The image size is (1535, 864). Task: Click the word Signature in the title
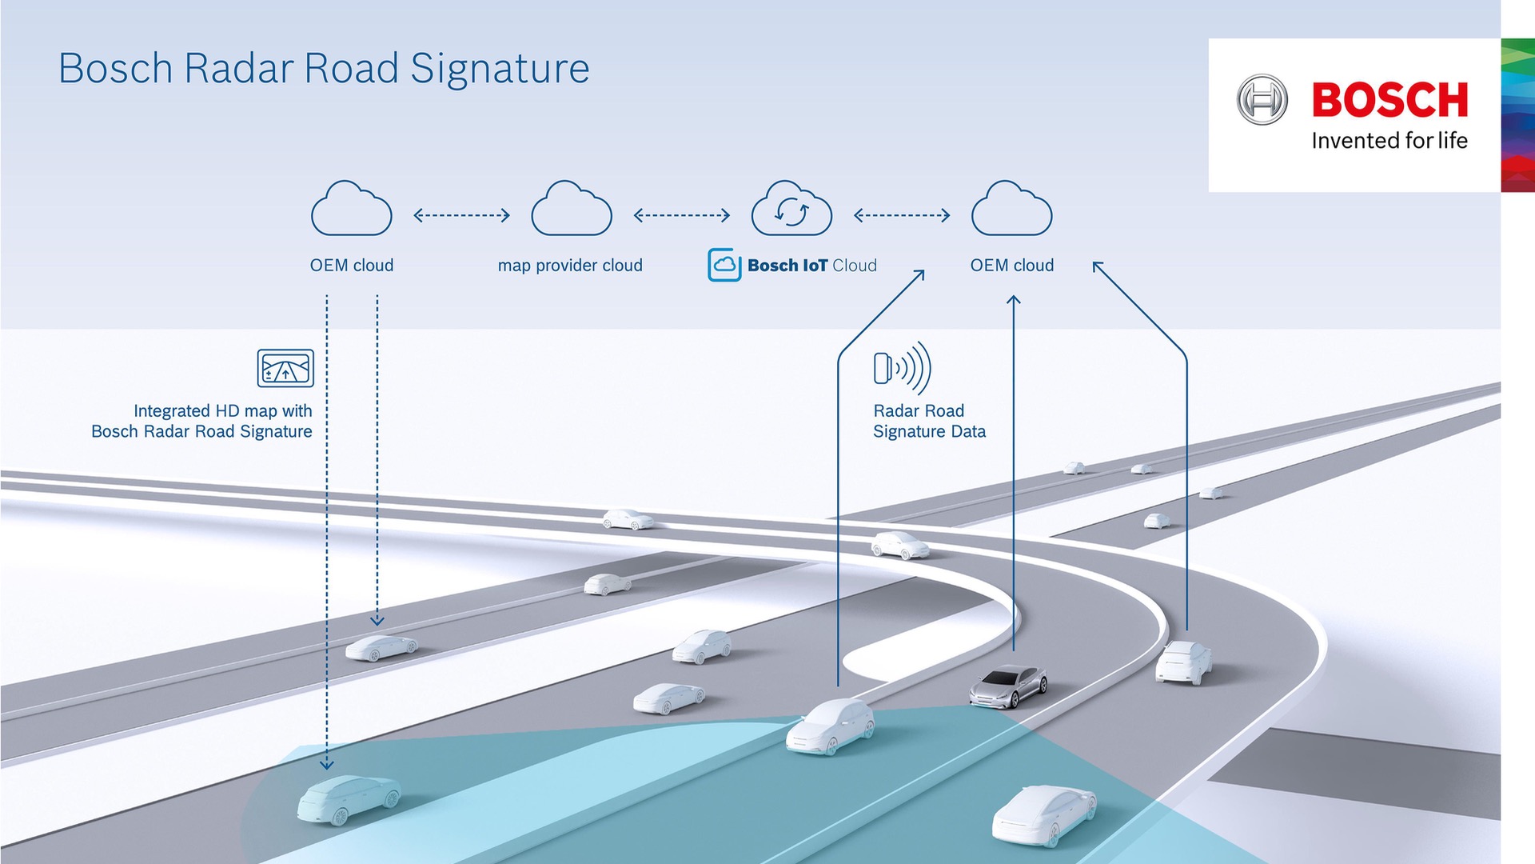500,69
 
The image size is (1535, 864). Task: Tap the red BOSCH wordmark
1389,100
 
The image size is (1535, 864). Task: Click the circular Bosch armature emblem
1262,100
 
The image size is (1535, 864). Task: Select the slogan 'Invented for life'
1389,141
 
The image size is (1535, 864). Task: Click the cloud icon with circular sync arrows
791,210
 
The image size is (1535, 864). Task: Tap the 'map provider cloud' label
570,266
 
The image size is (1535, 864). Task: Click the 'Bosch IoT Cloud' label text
811,266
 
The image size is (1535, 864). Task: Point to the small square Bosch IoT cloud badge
724,265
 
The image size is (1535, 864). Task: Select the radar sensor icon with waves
902,368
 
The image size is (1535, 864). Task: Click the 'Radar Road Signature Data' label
929,422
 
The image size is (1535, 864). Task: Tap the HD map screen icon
285,368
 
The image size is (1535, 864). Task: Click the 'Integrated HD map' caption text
201,422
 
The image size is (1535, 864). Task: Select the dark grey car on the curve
1008,686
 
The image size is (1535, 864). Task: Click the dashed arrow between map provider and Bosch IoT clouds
681,215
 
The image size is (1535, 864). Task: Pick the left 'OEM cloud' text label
352,266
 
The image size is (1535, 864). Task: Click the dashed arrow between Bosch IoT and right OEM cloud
902,215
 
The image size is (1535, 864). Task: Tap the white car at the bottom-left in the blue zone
349,798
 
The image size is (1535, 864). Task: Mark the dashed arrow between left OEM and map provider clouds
461,215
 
